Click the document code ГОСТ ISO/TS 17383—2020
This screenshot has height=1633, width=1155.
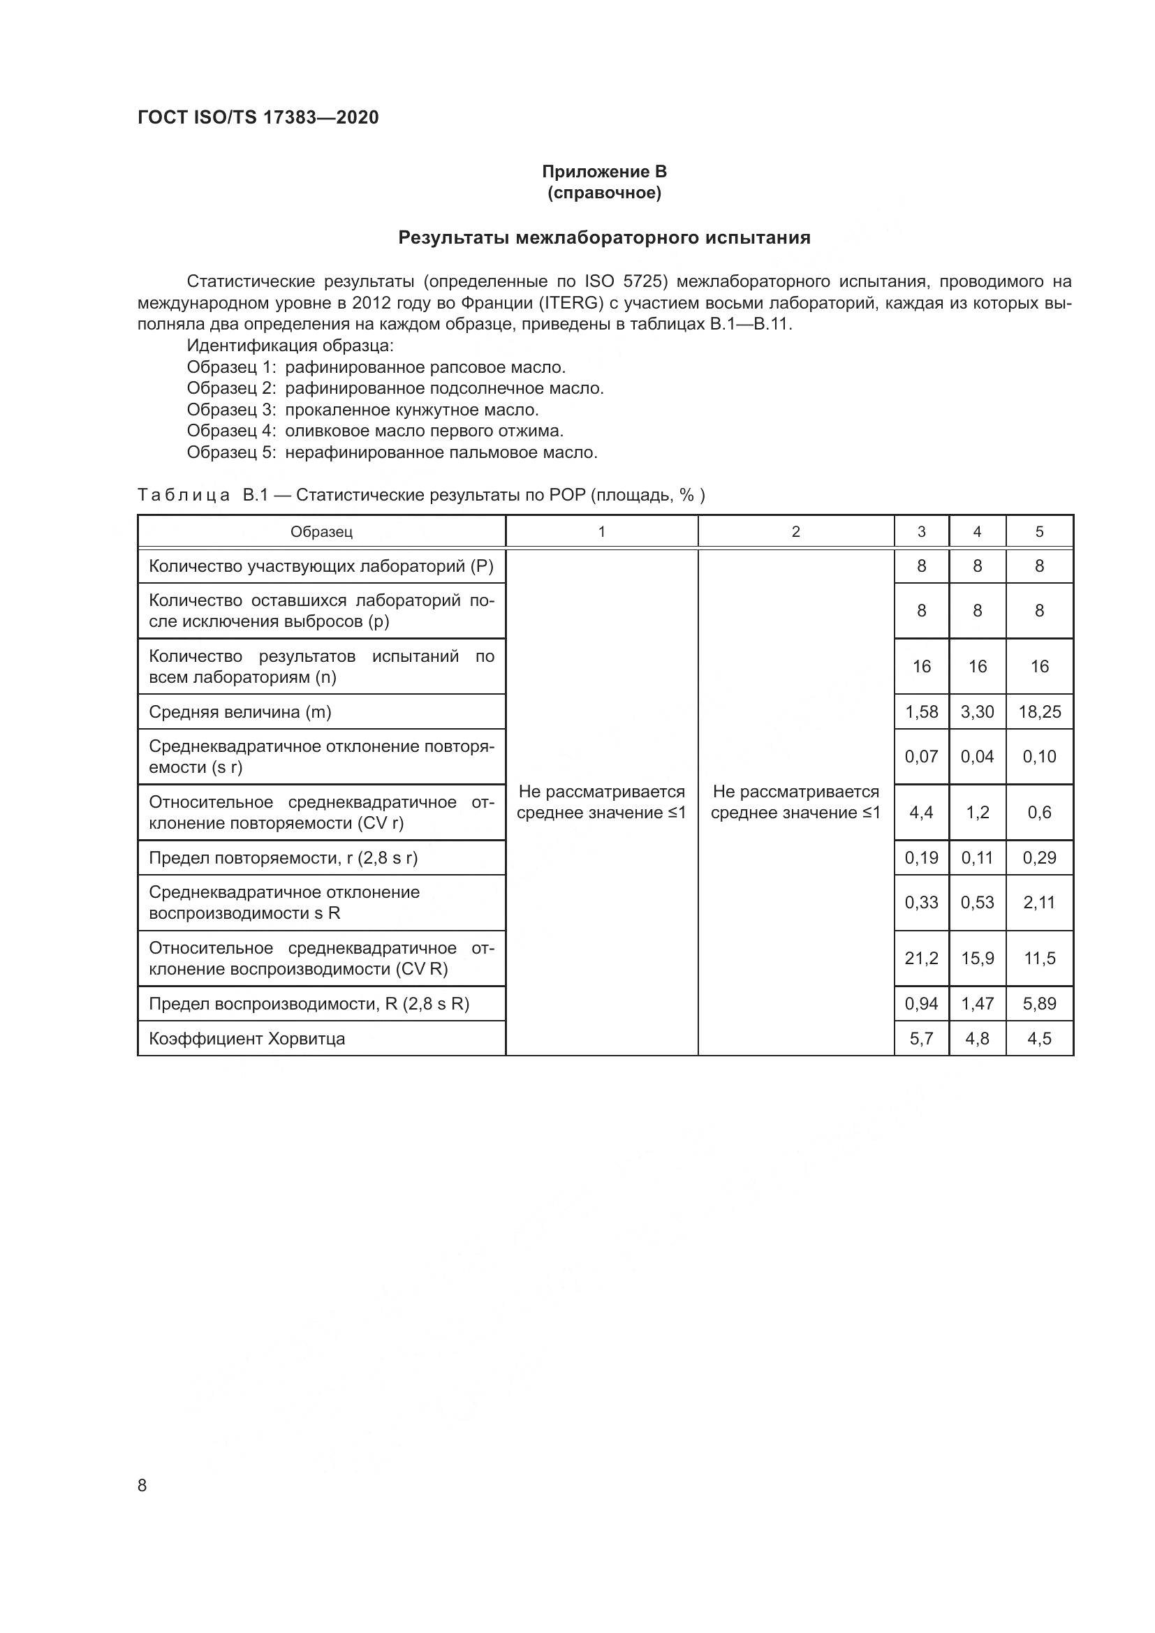[x=258, y=117]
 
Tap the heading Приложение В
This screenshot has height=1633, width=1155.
[x=604, y=172]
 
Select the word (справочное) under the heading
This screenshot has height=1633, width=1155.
[x=604, y=193]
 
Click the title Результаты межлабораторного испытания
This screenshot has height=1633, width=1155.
[x=604, y=237]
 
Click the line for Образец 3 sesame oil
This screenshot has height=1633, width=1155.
[x=362, y=410]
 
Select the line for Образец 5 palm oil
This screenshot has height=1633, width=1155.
[x=392, y=452]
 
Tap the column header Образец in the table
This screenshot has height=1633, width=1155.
[x=321, y=532]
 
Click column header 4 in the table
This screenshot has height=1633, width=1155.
[x=977, y=532]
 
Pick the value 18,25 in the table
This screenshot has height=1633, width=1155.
[x=1039, y=712]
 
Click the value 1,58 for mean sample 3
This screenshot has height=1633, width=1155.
[x=921, y=712]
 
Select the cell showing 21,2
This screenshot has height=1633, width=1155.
[x=921, y=959]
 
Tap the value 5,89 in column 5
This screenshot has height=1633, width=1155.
[x=1039, y=1003]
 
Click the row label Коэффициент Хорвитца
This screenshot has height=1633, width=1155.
[x=247, y=1038]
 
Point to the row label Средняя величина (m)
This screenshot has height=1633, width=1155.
[x=240, y=712]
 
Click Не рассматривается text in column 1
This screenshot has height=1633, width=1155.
[x=601, y=792]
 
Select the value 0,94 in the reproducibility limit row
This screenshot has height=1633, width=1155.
[x=921, y=1003]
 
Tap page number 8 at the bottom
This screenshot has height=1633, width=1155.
[x=142, y=1485]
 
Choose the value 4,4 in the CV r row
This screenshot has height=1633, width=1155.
[x=921, y=812]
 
